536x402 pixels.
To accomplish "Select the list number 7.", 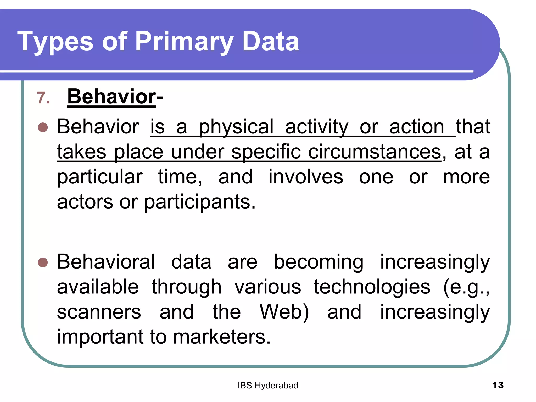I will [x=43, y=98].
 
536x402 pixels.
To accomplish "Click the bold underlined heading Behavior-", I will [x=115, y=97].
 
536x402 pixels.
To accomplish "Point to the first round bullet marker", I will [x=43, y=127].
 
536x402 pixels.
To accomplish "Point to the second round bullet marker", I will [x=43, y=262].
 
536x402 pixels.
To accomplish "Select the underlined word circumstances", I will [x=375, y=152].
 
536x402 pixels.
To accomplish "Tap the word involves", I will [x=306, y=177].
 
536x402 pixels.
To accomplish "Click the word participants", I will [x=200, y=202].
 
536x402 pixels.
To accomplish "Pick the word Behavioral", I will [x=106, y=262].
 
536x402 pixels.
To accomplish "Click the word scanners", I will [x=99, y=312].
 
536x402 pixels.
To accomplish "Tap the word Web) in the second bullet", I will [x=284, y=312].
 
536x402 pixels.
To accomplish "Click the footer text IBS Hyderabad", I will [x=268, y=385].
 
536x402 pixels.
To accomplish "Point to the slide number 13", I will [x=498, y=385].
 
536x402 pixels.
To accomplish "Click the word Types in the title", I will [x=55, y=42].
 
